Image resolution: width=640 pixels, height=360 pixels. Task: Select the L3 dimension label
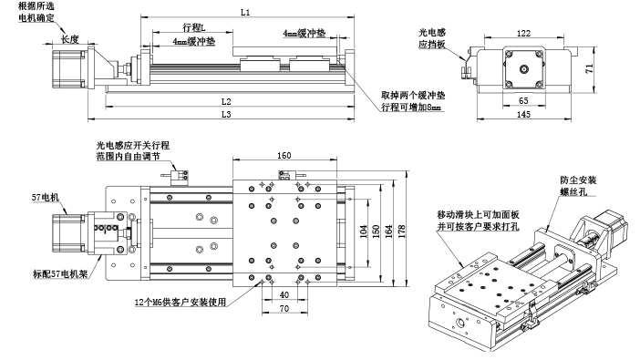coord(224,115)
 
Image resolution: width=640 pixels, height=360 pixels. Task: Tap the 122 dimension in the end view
coord(522,32)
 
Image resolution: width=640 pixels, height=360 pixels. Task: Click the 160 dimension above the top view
coord(284,156)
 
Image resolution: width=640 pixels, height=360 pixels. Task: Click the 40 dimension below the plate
coord(284,294)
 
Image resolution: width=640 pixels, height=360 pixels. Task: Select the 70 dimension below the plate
coord(284,310)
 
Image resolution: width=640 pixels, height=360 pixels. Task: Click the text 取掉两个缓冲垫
coord(413,95)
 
